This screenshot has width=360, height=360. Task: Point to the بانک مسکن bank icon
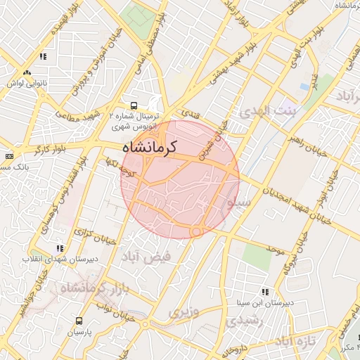(8, 156)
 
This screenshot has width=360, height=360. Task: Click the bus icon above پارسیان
(79, 320)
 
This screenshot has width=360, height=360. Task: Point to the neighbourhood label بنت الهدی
(268, 111)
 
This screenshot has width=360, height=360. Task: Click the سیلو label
(239, 202)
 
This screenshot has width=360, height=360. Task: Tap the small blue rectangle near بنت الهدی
(304, 86)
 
